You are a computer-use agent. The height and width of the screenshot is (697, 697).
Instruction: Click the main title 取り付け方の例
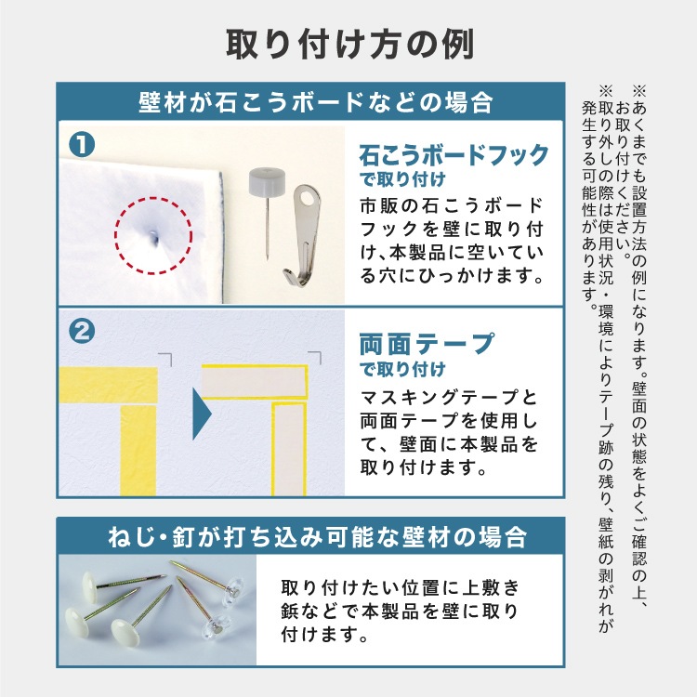tap(349, 45)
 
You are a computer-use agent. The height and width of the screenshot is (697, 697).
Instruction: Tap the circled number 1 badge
tap(82, 145)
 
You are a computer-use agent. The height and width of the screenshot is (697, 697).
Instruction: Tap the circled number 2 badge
tap(82, 332)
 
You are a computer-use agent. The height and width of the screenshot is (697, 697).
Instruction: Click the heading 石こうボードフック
tap(454, 155)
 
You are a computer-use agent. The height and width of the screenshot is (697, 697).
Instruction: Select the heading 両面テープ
tap(427, 344)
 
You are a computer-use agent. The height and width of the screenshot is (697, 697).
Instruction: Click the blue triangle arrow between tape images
tap(202, 414)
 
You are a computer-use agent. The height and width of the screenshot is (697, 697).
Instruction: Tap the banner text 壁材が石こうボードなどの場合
tap(316, 102)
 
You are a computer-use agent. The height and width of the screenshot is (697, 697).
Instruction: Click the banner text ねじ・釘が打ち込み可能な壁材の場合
tap(318, 537)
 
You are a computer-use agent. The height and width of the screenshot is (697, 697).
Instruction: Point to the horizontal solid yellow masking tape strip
tap(109, 385)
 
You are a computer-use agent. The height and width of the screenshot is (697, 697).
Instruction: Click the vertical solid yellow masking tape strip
tap(138, 450)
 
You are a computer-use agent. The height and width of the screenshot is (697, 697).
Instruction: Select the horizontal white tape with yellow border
tap(255, 382)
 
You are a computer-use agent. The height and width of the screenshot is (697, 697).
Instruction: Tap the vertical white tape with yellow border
tap(289, 449)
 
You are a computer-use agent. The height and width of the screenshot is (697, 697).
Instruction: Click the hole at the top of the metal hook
tap(308, 196)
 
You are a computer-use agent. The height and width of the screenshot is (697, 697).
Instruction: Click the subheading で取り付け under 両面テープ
tap(402, 369)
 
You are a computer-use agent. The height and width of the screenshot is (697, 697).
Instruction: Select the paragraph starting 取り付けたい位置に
tap(400, 611)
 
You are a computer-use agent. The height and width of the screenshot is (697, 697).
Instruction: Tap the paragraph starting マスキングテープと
tap(449, 432)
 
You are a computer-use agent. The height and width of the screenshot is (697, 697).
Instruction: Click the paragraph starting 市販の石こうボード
tap(452, 241)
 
